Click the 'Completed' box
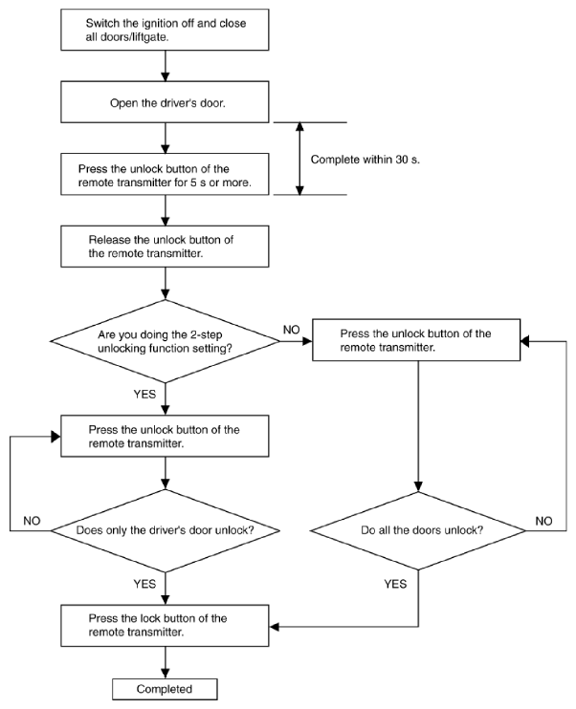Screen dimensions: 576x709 (x=165, y=689)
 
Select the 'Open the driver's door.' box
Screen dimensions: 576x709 (x=165, y=102)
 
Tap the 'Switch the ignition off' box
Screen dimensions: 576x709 (x=165, y=30)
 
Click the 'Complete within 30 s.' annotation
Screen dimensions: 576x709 (x=365, y=160)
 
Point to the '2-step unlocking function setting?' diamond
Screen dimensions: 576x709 (x=165, y=341)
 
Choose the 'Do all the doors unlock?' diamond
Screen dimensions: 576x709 (x=418, y=530)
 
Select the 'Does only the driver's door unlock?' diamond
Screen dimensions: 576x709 (x=165, y=530)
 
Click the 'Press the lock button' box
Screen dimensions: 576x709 (x=165, y=626)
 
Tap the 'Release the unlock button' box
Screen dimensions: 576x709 (x=165, y=247)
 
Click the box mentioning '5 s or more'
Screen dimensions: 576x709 (x=165, y=175)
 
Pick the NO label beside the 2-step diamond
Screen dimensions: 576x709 (x=291, y=330)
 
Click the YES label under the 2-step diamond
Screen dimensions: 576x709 (x=144, y=395)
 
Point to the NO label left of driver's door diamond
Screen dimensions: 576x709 (x=32, y=521)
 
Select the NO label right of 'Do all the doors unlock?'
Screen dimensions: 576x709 (x=543, y=521)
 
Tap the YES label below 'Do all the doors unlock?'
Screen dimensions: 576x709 (x=395, y=584)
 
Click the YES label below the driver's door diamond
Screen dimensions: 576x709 (x=144, y=584)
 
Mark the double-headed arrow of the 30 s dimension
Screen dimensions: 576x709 (x=299, y=159)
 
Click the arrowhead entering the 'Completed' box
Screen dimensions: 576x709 (x=166, y=674)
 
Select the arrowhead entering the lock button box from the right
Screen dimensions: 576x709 (x=275, y=627)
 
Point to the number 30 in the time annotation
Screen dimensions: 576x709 (x=402, y=160)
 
